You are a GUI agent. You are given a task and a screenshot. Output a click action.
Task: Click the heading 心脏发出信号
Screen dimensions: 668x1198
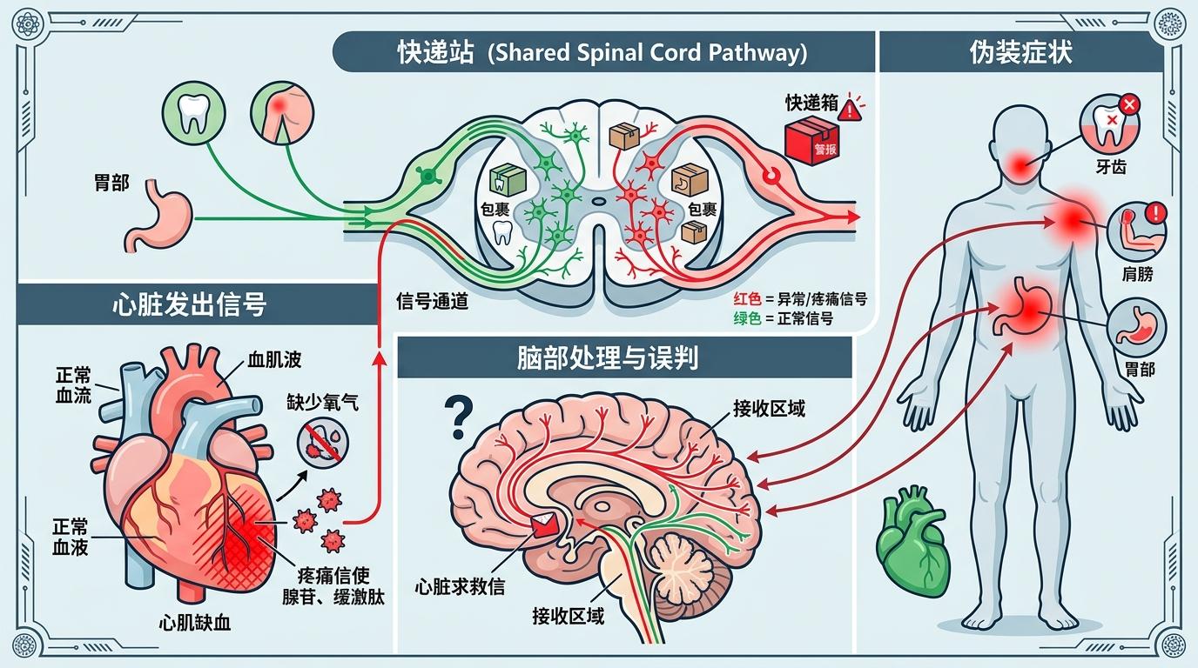coord(190,304)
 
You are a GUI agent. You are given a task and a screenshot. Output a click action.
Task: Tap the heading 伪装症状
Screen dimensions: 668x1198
coord(1020,53)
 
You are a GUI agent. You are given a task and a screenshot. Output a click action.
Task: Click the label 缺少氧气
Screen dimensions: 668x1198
coord(322,402)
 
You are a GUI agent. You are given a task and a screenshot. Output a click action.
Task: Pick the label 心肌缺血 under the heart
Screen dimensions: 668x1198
coord(196,623)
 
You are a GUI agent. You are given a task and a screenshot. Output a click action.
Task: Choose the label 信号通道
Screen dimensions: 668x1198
coord(432,302)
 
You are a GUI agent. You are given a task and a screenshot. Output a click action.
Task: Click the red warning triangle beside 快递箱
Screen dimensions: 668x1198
coord(851,106)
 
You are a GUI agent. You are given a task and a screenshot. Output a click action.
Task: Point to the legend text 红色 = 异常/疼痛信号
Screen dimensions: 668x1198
coord(800,299)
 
